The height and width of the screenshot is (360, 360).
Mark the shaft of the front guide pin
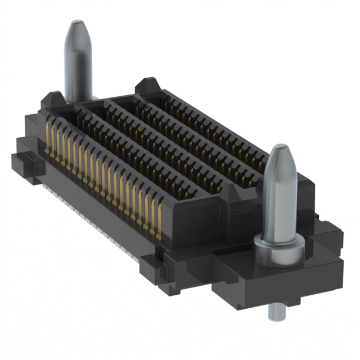[280, 202]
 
